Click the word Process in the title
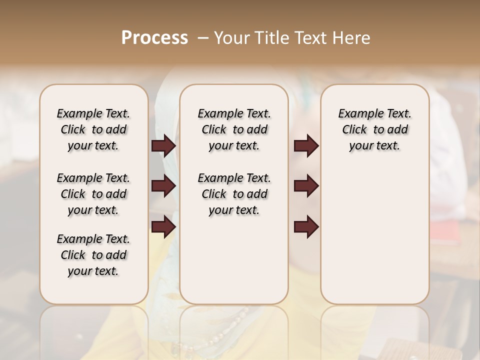pyautogui.click(x=154, y=38)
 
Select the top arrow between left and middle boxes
pyautogui.click(x=163, y=146)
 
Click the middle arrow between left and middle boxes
pyautogui.click(x=163, y=186)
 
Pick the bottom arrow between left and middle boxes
pyautogui.click(x=163, y=227)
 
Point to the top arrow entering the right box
pyautogui.click(x=306, y=146)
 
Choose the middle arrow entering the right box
pyautogui.click(x=306, y=186)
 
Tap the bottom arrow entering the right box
pyautogui.click(x=306, y=227)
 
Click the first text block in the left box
pyautogui.click(x=93, y=129)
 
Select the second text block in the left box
pyautogui.click(x=93, y=194)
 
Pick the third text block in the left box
pyautogui.click(x=93, y=255)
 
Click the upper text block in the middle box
pyautogui.click(x=234, y=129)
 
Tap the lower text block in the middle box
pyautogui.click(x=234, y=194)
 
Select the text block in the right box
pyautogui.click(x=374, y=129)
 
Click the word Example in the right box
pyautogui.click(x=357, y=114)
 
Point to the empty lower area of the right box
pyautogui.click(x=374, y=235)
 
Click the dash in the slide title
pyautogui.click(x=203, y=38)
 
